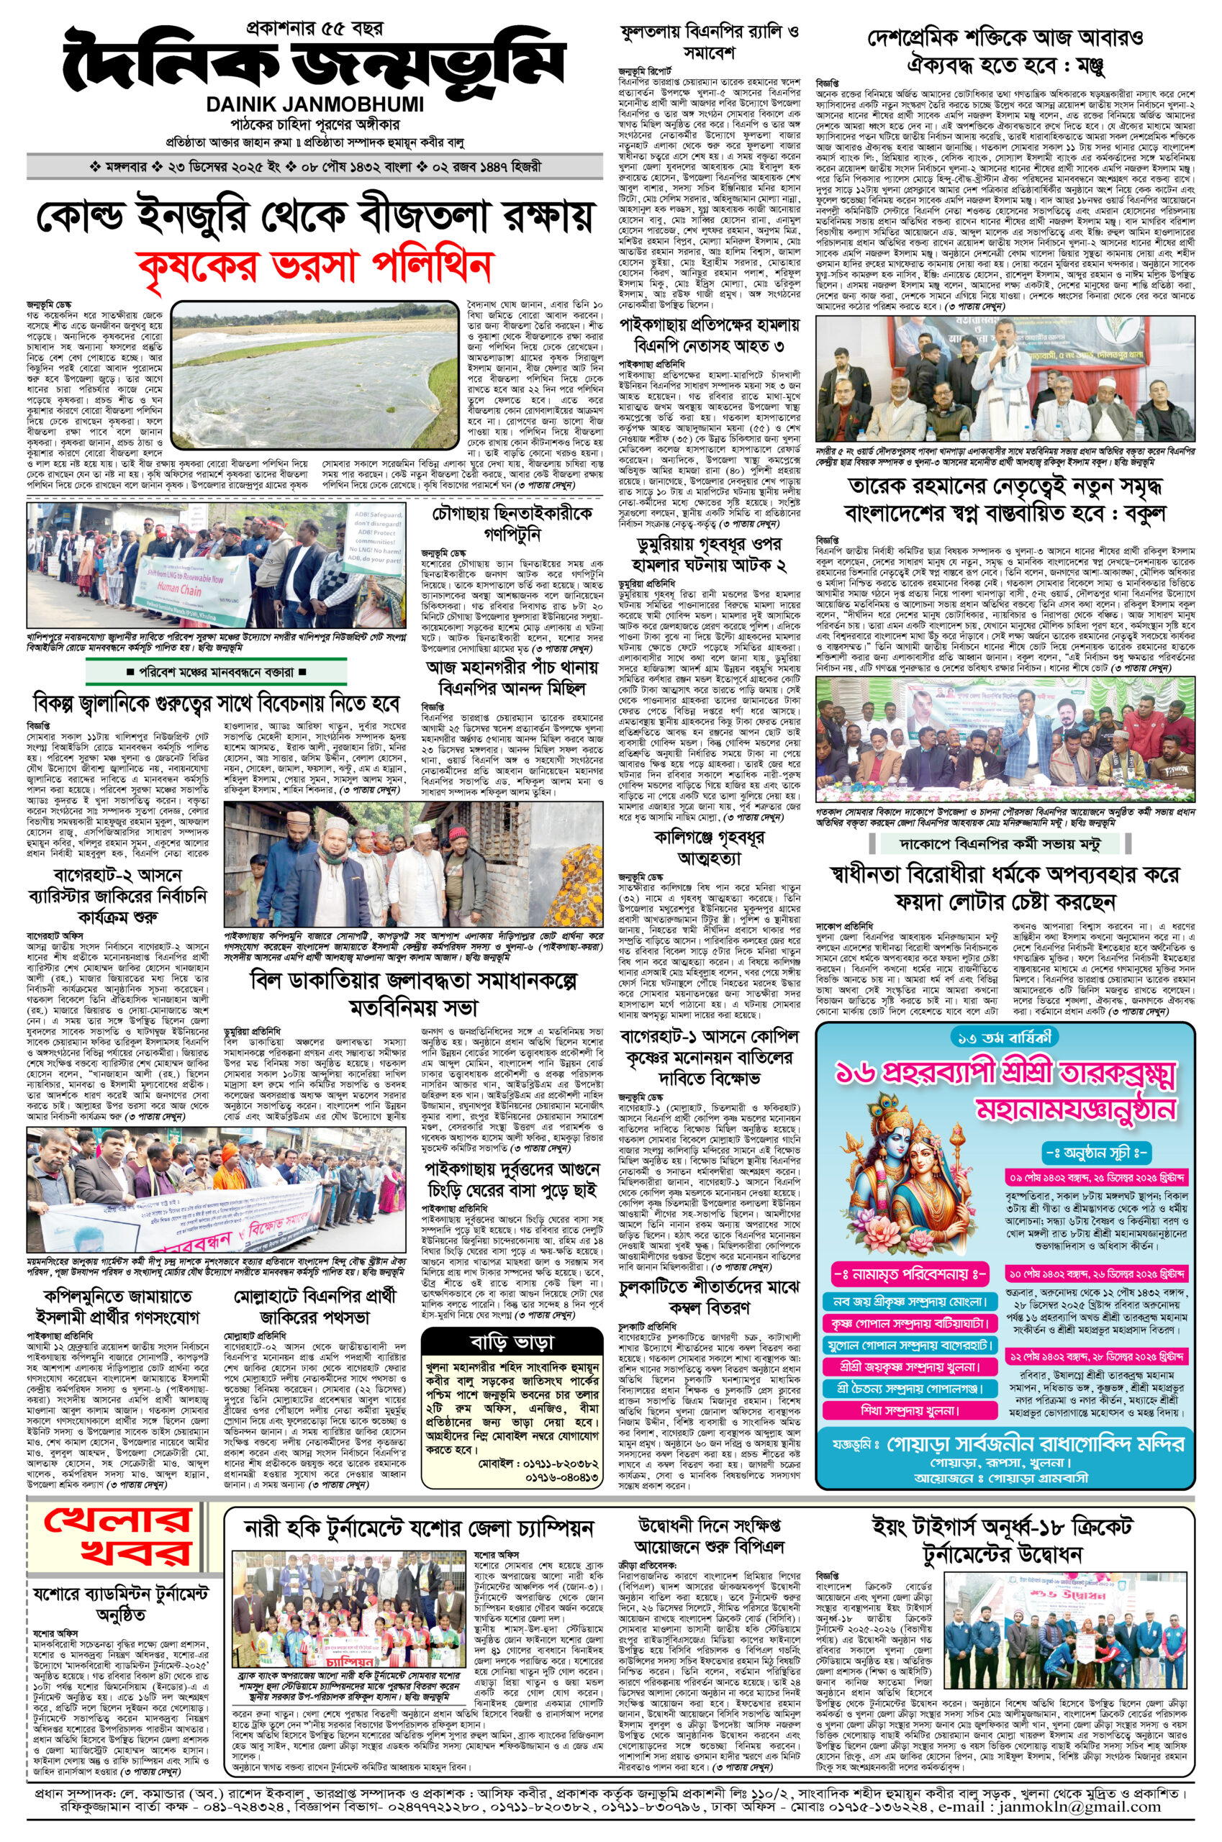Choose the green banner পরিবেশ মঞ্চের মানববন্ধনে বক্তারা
click(216, 671)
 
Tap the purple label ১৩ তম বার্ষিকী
click(1005, 1037)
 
